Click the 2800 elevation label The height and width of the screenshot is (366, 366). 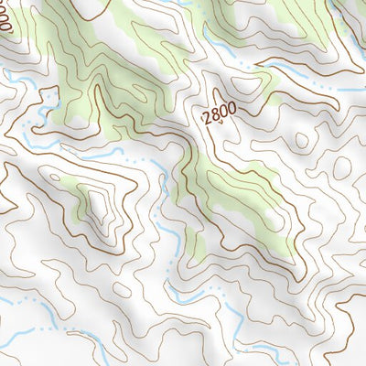[220, 112]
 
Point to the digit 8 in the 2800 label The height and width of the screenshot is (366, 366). [215, 112]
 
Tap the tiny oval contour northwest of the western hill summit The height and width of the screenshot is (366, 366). [57, 175]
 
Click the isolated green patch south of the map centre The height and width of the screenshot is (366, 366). [194, 242]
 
